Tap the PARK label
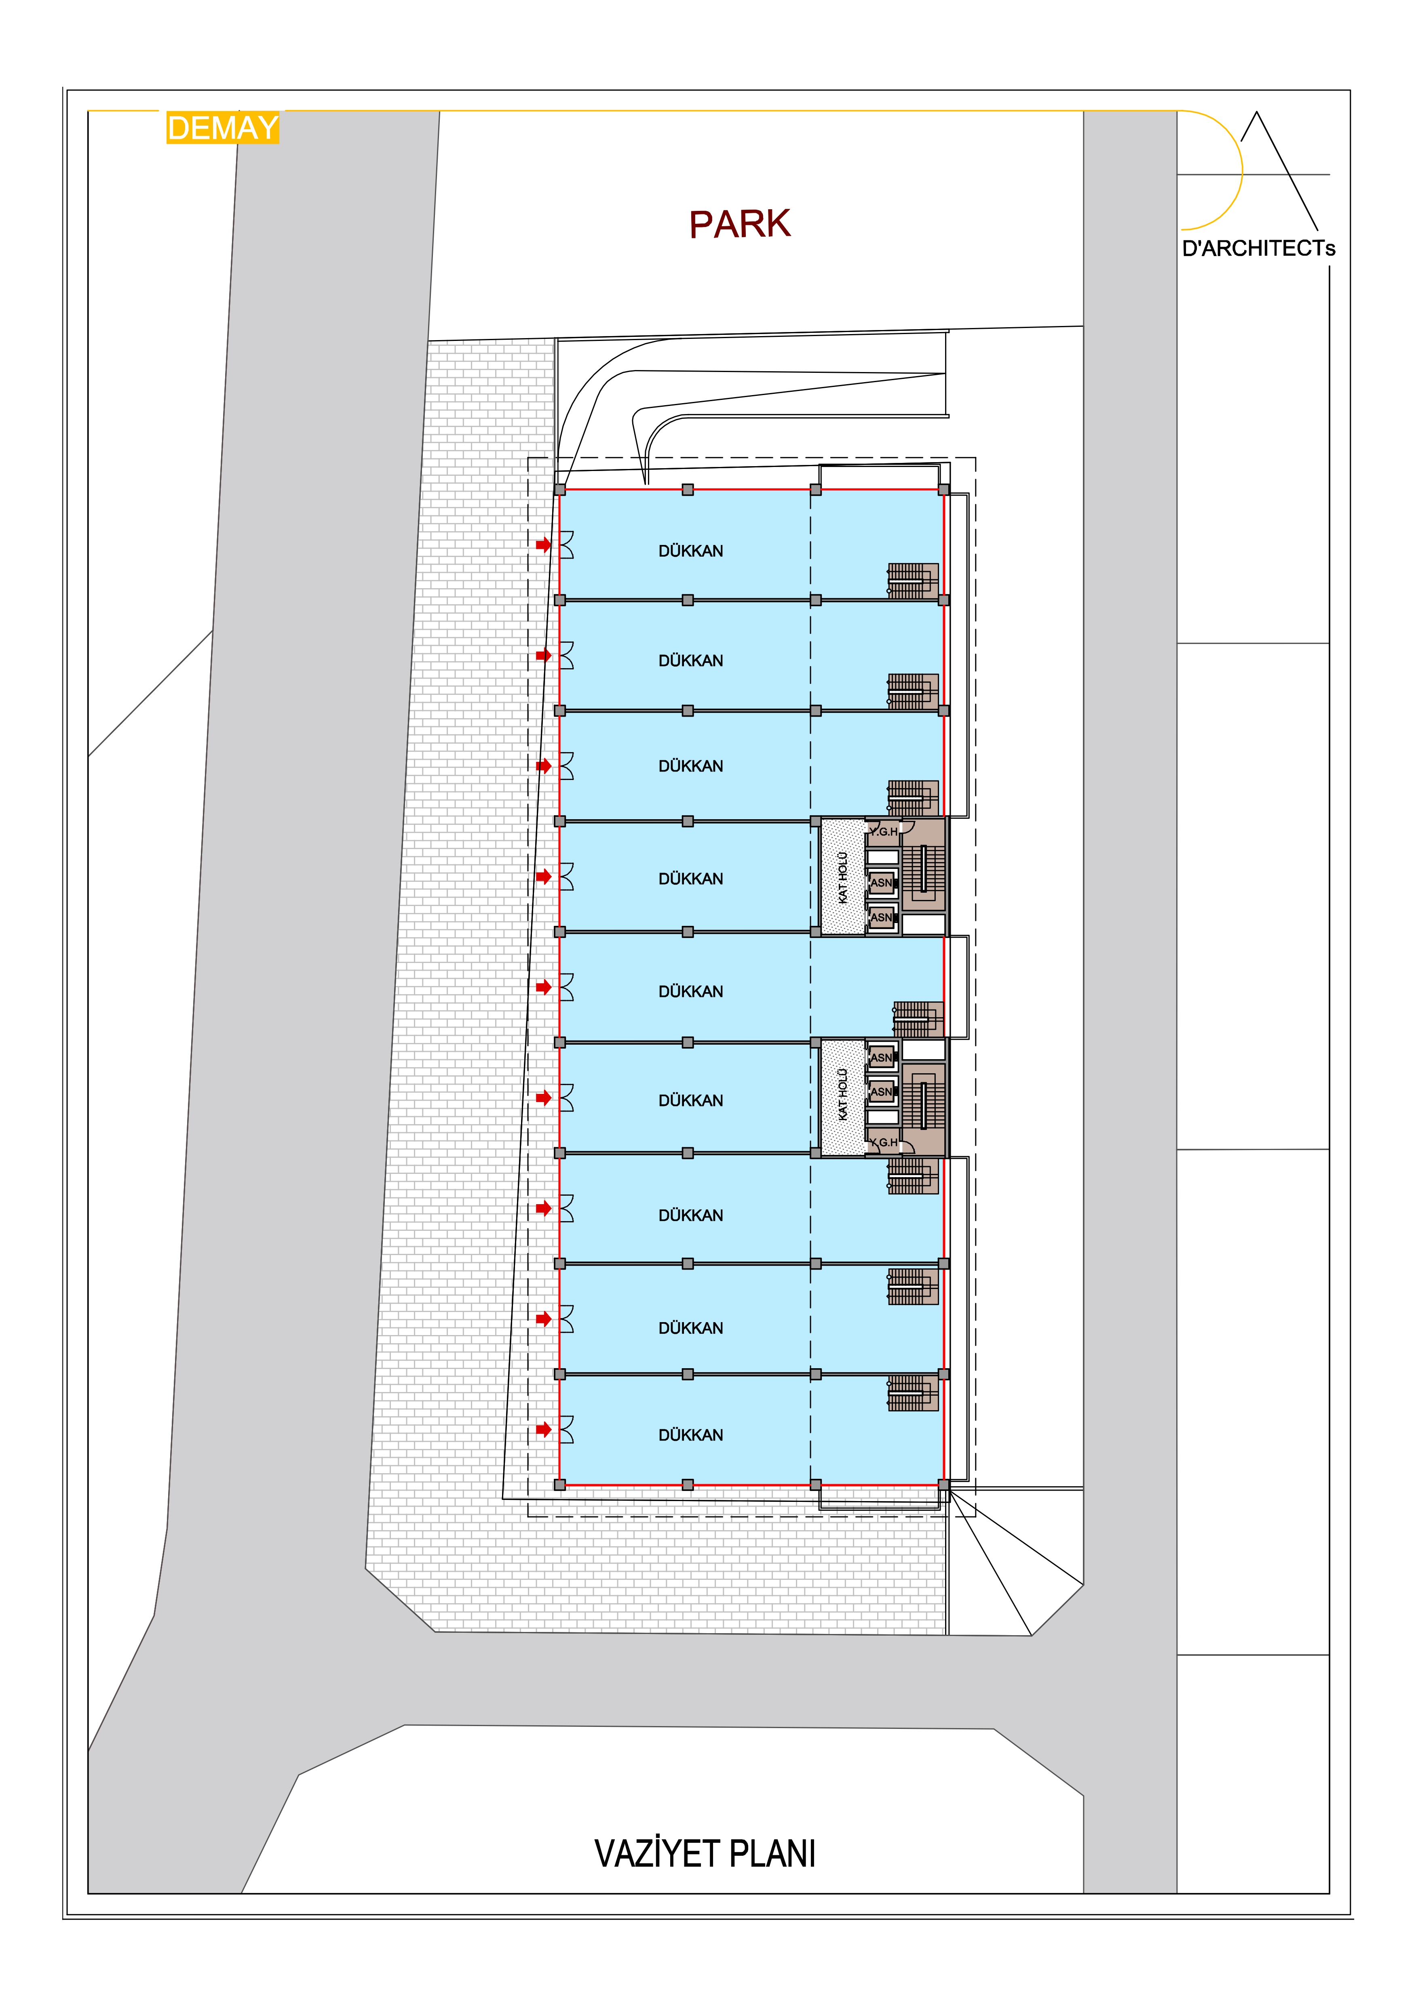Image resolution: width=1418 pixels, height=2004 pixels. click(x=740, y=224)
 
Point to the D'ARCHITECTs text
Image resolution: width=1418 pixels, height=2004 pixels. click(x=1258, y=249)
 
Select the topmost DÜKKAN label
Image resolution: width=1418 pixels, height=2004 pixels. click(x=691, y=551)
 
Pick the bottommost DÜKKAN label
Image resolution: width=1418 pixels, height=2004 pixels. click(x=691, y=1435)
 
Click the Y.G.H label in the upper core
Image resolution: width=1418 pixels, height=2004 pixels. click(x=884, y=832)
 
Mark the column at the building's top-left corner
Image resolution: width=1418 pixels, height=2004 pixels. click(x=560, y=490)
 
